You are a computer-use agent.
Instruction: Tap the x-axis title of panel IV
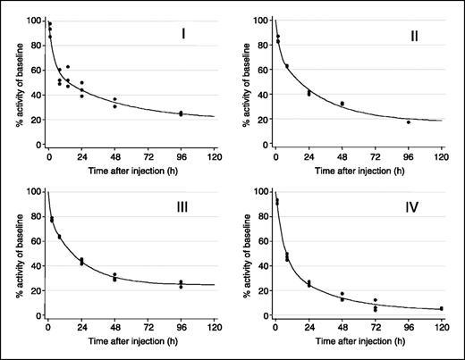tap(358, 342)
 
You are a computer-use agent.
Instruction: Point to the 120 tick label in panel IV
tap(441, 327)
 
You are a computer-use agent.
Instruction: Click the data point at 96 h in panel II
tap(408, 122)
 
